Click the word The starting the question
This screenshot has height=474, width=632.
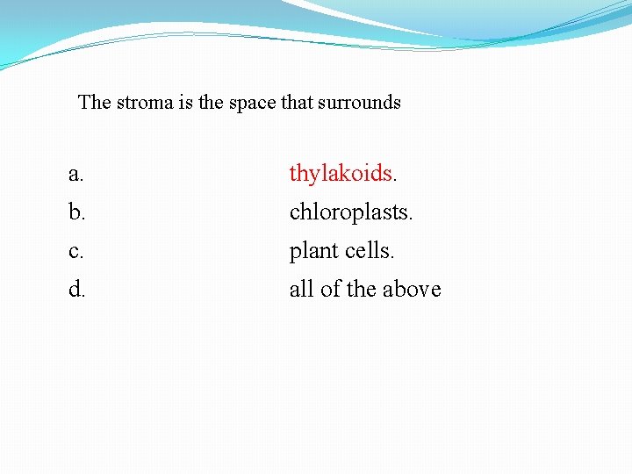pos(95,103)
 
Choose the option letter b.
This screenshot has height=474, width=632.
pos(76,212)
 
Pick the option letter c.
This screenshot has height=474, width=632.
pos(76,251)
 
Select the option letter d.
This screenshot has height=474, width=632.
pos(76,289)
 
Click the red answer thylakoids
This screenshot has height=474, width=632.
pos(341,174)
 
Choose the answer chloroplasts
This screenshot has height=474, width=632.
pos(348,212)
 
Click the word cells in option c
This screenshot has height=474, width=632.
pos(366,251)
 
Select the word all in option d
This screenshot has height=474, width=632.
pos(301,289)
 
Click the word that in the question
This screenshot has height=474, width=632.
pos(296,103)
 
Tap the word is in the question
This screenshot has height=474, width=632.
pos(185,103)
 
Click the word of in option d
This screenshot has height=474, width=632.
pos(330,289)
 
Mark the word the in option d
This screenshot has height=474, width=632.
pos(363,289)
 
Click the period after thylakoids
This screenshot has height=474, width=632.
pos(395,180)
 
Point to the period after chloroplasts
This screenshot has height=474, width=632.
pos(410,219)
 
